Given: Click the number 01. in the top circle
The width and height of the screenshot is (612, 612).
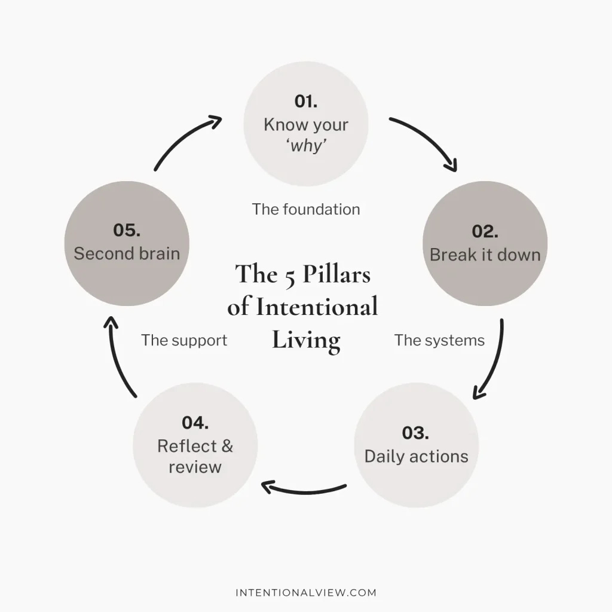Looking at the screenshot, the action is click(305, 101).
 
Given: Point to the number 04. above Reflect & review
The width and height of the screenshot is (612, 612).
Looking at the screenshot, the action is click(195, 423).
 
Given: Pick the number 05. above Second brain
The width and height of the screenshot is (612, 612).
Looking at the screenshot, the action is click(127, 229).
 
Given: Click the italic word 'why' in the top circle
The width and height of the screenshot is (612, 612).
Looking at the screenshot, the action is click(305, 145).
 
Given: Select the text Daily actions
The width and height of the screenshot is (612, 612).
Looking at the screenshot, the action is click(416, 456).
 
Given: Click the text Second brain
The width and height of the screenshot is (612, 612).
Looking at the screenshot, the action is click(127, 253).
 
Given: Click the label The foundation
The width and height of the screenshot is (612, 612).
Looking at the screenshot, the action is click(305, 209).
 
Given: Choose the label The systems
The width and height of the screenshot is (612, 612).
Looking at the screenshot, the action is click(439, 340).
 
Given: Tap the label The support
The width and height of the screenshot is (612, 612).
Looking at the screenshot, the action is click(184, 340).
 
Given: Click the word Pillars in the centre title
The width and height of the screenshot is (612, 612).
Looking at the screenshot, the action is click(336, 274).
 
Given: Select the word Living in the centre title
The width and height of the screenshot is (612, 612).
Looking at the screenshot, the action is click(306, 341).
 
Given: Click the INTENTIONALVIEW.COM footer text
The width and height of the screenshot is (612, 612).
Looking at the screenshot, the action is click(306, 593).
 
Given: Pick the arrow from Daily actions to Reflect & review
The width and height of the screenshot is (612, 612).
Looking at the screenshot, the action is click(304, 490).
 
